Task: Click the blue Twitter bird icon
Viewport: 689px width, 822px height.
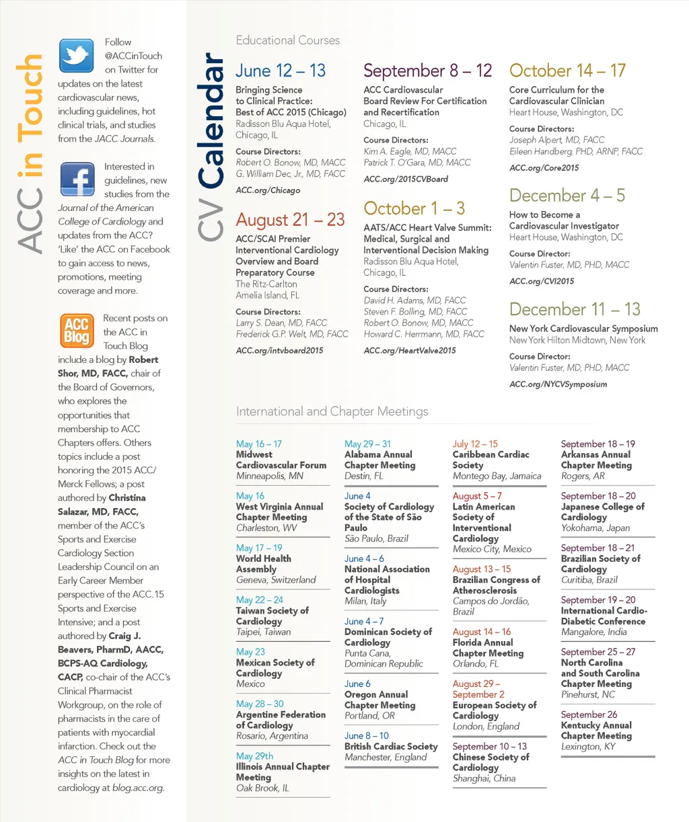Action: pos(76,56)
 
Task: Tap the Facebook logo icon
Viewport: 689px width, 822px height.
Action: pos(77,179)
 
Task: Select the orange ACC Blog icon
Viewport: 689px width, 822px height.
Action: pos(76,331)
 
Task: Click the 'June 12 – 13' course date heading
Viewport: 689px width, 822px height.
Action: pos(281,71)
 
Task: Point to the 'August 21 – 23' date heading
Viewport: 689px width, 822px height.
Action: pos(290,220)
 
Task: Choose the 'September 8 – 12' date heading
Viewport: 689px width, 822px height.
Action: pos(427,71)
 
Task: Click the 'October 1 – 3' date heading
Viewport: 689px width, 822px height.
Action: pos(414,209)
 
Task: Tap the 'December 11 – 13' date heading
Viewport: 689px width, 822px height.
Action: pos(575,309)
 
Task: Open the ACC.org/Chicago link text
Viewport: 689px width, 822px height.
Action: pos(268,190)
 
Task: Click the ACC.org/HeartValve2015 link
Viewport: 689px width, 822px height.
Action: pos(409,350)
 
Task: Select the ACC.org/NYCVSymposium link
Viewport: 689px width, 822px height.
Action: pos(558,384)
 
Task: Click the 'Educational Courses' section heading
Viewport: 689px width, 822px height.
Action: pos(287,40)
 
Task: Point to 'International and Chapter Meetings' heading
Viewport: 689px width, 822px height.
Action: pos(332,411)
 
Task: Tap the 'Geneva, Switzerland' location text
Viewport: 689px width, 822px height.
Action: pos(276,579)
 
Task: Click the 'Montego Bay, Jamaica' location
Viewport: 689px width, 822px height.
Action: pos(497,476)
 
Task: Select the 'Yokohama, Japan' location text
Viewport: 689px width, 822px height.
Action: pos(595,528)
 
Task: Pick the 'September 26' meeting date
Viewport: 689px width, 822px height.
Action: pos(589,714)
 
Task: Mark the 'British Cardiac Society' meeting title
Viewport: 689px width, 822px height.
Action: pos(391,746)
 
